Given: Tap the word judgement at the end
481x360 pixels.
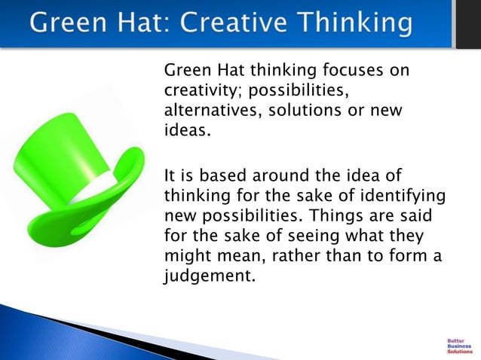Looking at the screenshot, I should [205, 276].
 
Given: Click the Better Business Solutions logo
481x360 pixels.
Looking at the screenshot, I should [459, 345].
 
